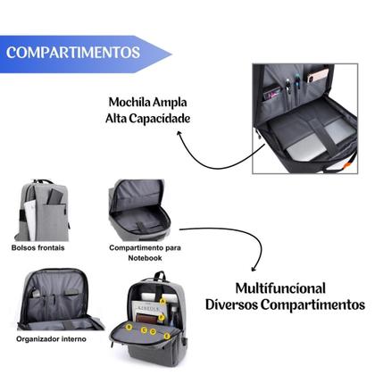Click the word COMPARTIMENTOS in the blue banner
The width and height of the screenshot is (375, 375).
pyautogui.click(x=73, y=52)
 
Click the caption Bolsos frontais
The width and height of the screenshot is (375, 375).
pyautogui.click(x=37, y=247)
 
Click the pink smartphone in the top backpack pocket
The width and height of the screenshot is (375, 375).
pyautogui.click(x=318, y=76)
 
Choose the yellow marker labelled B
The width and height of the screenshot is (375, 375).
pyautogui.click(x=128, y=328)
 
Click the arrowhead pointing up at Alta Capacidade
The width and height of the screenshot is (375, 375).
pyautogui.click(x=181, y=134)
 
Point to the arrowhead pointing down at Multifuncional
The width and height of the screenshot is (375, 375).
pyautogui.click(x=257, y=267)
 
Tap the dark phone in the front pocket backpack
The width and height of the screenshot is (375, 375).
pyautogui.click(x=54, y=195)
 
